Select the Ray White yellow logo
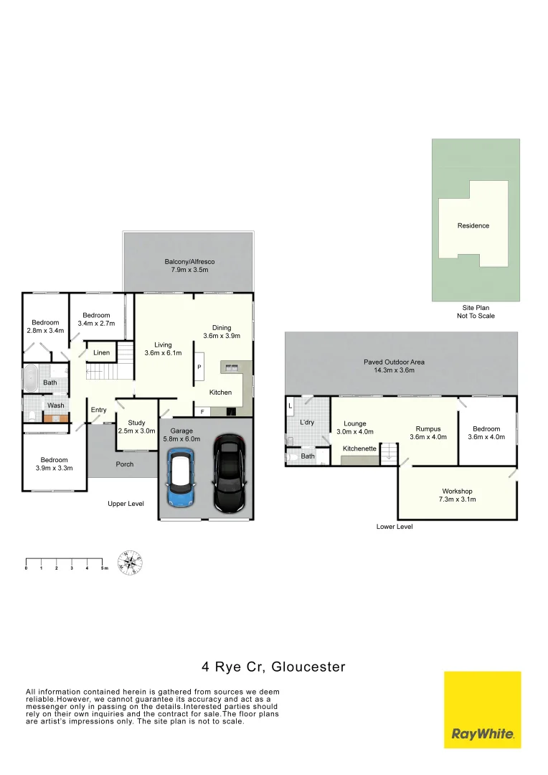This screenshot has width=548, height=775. (482, 710)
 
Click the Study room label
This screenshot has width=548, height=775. (136, 423)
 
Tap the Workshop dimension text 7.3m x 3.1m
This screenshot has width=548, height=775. (458, 499)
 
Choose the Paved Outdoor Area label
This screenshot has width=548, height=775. (394, 362)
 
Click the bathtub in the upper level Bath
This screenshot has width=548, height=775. (30, 379)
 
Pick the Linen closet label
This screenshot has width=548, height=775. (102, 353)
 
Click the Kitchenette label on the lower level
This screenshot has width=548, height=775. (359, 448)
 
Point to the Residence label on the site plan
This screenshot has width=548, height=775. (473, 225)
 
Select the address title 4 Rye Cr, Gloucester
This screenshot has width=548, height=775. (273, 667)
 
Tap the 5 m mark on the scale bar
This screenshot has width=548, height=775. (103, 568)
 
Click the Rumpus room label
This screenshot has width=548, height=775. (428, 428)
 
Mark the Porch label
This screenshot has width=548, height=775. (125, 464)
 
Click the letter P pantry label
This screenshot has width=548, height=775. (199, 367)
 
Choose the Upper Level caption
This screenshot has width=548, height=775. (126, 504)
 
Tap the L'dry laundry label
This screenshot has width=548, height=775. (307, 423)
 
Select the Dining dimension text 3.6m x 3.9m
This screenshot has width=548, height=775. (222, 336)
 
